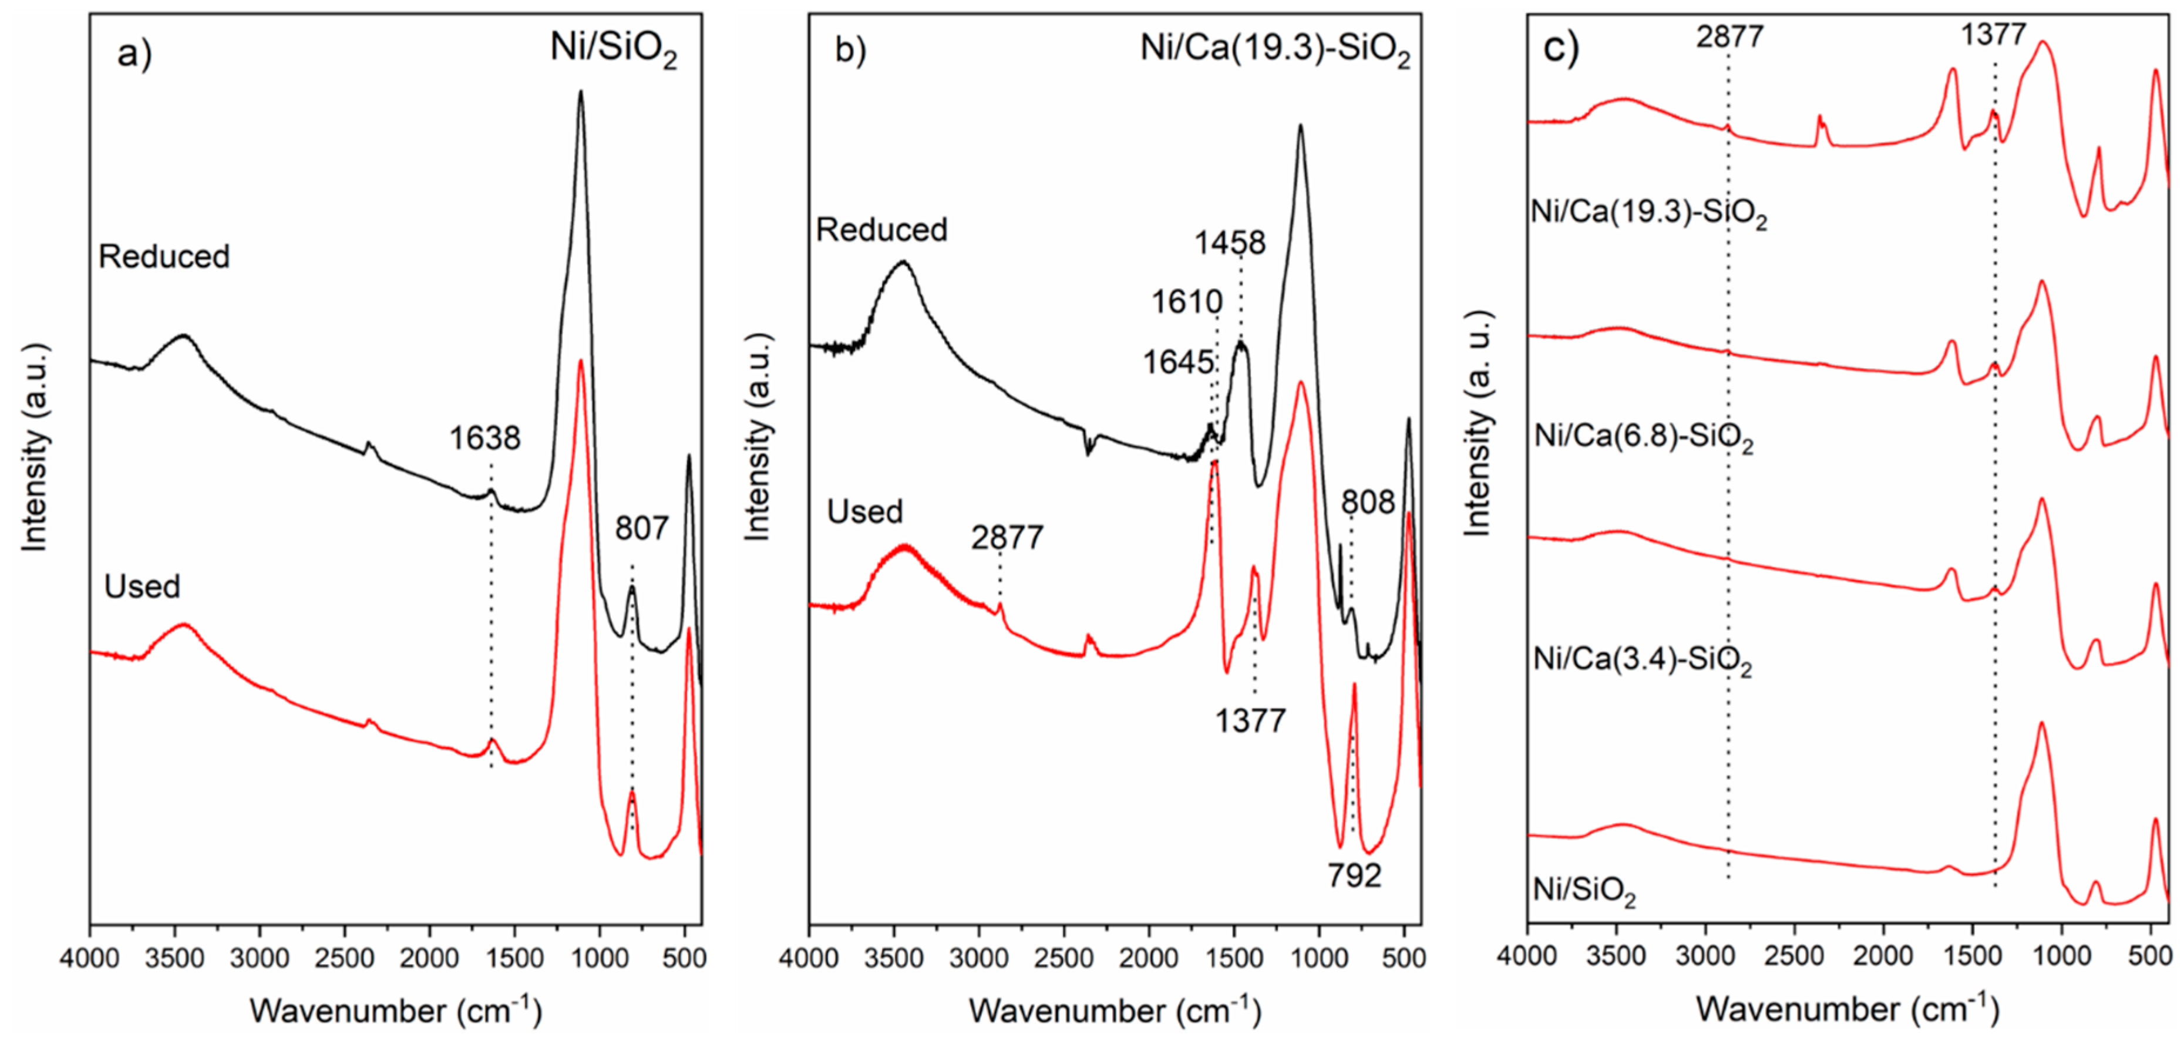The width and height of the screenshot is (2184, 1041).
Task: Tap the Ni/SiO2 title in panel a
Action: (x=613, y=48)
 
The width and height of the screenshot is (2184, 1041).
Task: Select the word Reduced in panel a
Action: (x=164, y=256)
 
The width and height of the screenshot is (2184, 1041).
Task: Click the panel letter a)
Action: (x=134, y=53)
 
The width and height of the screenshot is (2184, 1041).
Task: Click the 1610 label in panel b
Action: (x=1186, y=302)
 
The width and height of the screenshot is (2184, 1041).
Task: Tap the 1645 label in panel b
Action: (x=1177, y=363)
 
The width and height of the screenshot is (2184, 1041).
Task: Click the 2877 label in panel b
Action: (x=1007, y=537)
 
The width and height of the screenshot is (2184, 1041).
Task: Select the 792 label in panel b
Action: (x=1354, y=875)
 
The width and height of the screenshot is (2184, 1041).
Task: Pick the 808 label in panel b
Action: (x=1367, y=503)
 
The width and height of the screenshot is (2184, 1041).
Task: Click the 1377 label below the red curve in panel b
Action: (x=1250, y=722)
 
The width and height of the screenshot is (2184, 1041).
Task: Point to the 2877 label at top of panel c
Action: (x=1729, y=36)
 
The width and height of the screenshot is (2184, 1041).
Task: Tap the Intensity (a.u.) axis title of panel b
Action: (x=757, y=437)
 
